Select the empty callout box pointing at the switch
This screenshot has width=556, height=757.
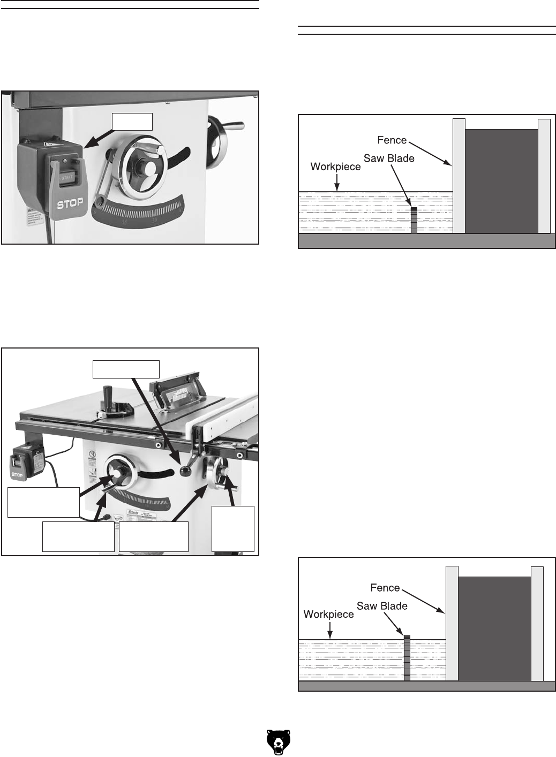tap(132, 122)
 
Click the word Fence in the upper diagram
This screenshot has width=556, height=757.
tap(392, 141)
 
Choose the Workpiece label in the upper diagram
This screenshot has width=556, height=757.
tap(336, 167)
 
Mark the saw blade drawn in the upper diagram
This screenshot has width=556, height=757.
tap(414, 220)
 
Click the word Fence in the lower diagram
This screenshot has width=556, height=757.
tap(385, 588)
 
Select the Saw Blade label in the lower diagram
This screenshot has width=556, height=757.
tap(382, 606)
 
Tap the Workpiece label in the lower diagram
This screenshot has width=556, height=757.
tap(328, 614)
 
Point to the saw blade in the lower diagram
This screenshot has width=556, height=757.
tap(407, 658)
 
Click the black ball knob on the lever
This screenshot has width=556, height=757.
tap(186, 472)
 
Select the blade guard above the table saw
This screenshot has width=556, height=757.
tap(177, 396)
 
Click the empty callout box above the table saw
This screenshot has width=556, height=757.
tap(126, 369)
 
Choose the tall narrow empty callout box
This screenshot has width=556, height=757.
tap(233, 528)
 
